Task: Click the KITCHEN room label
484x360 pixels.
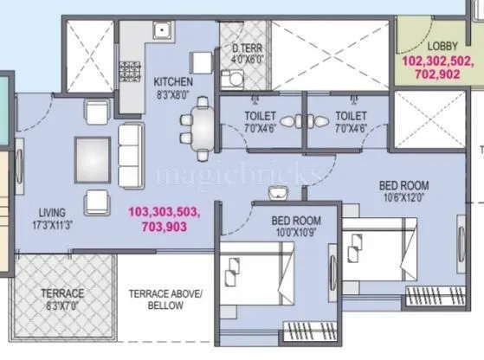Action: pyautogui.click(x=173, y=81)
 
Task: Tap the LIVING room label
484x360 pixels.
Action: pyautogui.click(x=53, y=210)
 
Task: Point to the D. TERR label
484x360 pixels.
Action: pyautogui.click(x=247, y=48)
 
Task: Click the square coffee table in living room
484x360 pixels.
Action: pyautogui.click(x=93, y=157)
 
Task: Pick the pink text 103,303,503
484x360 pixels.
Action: pyautogui.click(x=164, y=212)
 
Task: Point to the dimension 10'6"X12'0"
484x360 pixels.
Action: pyautogui.click(x=403, y=197)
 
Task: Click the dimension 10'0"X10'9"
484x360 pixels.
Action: pyautogui.click(x=296, y=233)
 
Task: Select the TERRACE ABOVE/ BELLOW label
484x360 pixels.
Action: pyautogui.click(x=165, y=299)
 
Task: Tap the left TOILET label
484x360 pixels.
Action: pyautogui.click(x=260, y=114)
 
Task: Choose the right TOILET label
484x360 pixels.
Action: pyautogui.click(x=351, y=114)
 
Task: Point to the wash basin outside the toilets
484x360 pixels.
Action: pyautogui.click(x=279, y=190)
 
